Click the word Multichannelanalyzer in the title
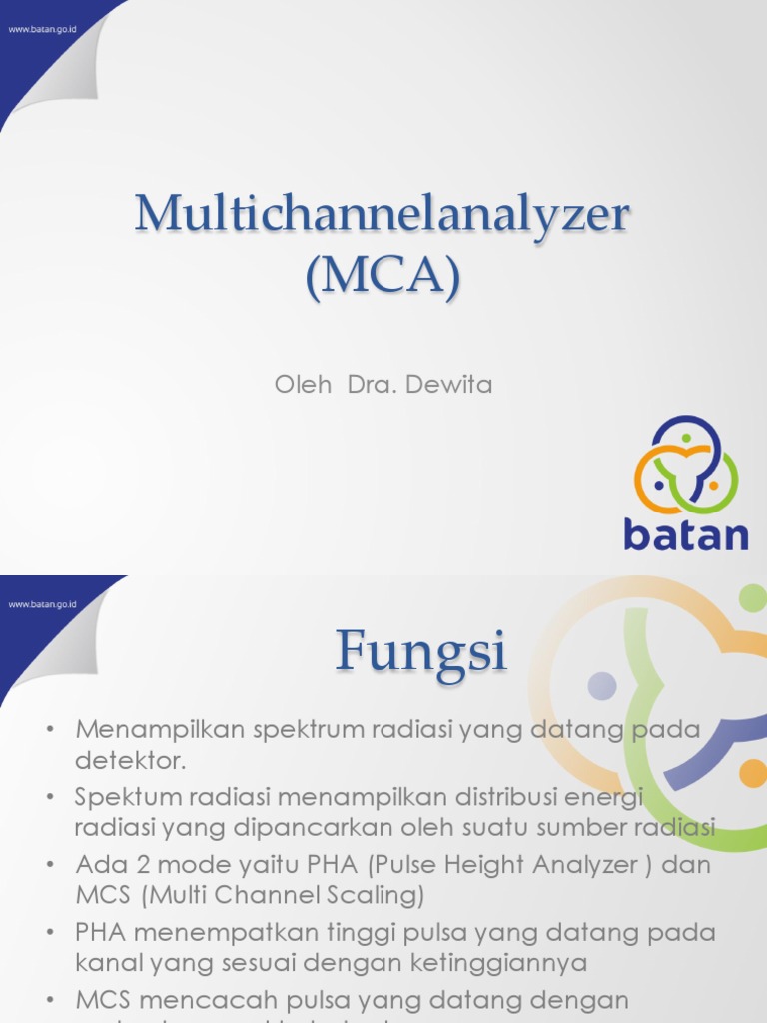(383, 216)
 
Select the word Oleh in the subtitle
(303, 384)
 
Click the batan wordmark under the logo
(685, 533)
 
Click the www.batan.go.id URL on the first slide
(43, 29)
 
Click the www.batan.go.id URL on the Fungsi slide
(43, 604)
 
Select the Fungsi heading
(420, 652)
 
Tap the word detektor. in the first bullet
(131, 760)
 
